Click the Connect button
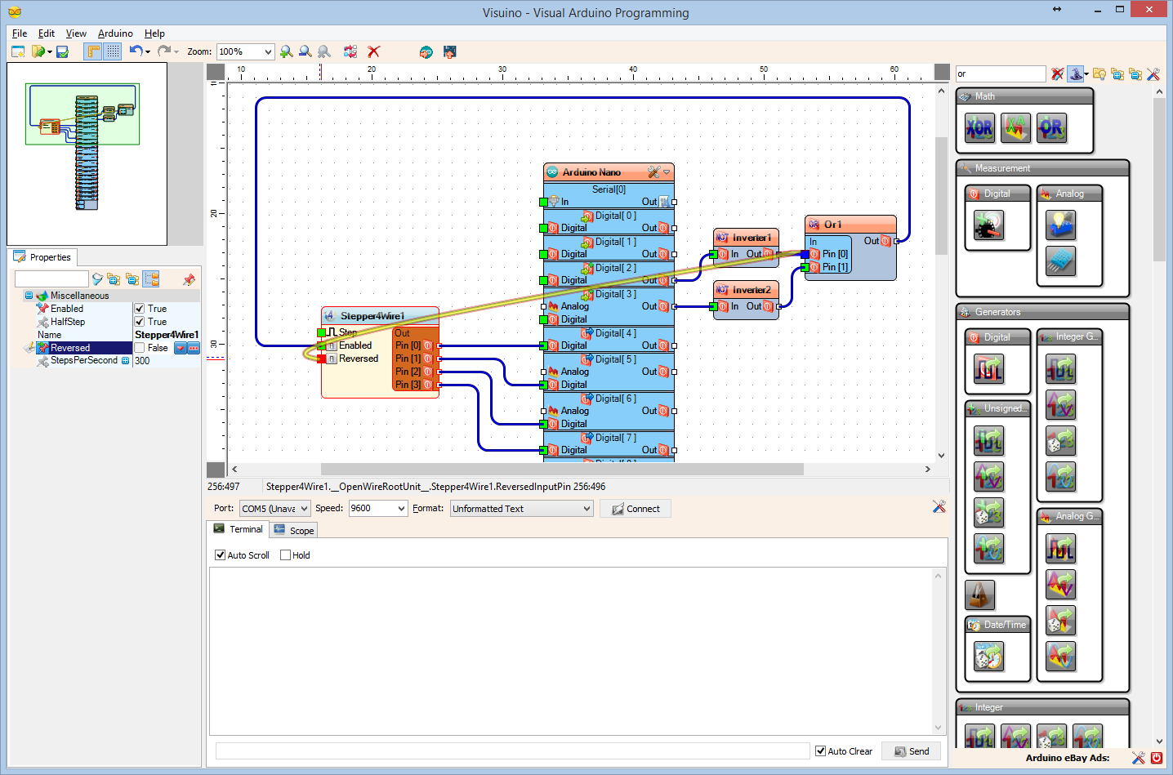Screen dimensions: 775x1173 click(x=636, y=509)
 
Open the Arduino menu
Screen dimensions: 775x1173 click(x=115, y=33)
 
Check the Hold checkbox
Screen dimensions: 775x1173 click(x=286, y=555)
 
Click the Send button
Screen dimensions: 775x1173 click(x=911, y=751)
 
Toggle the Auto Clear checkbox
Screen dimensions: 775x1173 click(x=821, y=751)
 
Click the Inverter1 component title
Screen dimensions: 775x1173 click(x=751, y=238)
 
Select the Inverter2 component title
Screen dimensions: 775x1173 click(x=751, y=290)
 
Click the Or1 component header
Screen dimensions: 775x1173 click(x=850, y=225)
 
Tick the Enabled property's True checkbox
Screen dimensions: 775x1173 click(x=140, y=309)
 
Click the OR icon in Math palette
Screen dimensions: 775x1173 click(x=1051, y=128)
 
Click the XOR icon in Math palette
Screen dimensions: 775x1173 click(x=979, y=128)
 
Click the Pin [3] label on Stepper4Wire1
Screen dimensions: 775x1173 click(x=408, y=385)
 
